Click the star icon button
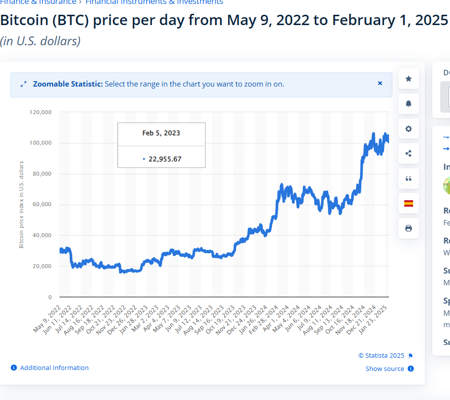point(408,79)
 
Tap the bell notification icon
point(408,104)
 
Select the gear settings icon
point(408,129)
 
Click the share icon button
point(408,154)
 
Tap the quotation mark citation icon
point(408,179)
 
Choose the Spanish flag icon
point(408,203)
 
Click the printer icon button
point(408,228)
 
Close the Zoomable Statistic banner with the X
point(380,84)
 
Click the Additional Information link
point(54,368)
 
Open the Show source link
point(385,369)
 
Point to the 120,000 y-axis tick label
point(41,112)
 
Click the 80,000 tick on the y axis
point(42,174)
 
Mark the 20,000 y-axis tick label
point(42,266)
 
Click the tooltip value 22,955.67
point(165,159)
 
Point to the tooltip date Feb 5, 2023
point(161,133)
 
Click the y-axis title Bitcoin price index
point(22,204)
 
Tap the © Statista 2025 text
point(381,356)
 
